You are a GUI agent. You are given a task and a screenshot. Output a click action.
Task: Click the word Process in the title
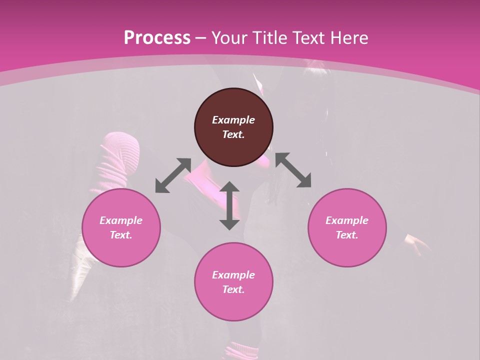pos(157,38)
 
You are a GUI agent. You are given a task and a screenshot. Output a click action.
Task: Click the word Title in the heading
pos(268,38)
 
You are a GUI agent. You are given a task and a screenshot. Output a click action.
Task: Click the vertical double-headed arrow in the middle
pos(229,205)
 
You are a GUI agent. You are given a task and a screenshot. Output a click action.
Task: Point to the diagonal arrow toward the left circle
pos(173,175)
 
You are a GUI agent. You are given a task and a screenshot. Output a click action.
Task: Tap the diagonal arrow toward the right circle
pos(293,170)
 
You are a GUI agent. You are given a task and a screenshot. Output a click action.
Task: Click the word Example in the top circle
pos(233,120)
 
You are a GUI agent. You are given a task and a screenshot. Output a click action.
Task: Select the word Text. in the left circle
pos(121,235)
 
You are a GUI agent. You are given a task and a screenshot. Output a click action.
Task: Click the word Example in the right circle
pos(347,220)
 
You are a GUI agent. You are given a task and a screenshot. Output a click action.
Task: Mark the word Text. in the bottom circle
pos(233,289)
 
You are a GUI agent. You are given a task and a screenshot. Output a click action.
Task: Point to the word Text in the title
pos(308,38)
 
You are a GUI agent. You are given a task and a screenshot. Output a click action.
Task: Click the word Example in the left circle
pos(121,220)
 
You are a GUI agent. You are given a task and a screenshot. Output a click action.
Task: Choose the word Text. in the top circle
pos(233,134)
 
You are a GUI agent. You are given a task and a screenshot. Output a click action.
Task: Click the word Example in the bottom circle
pos(233,275)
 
